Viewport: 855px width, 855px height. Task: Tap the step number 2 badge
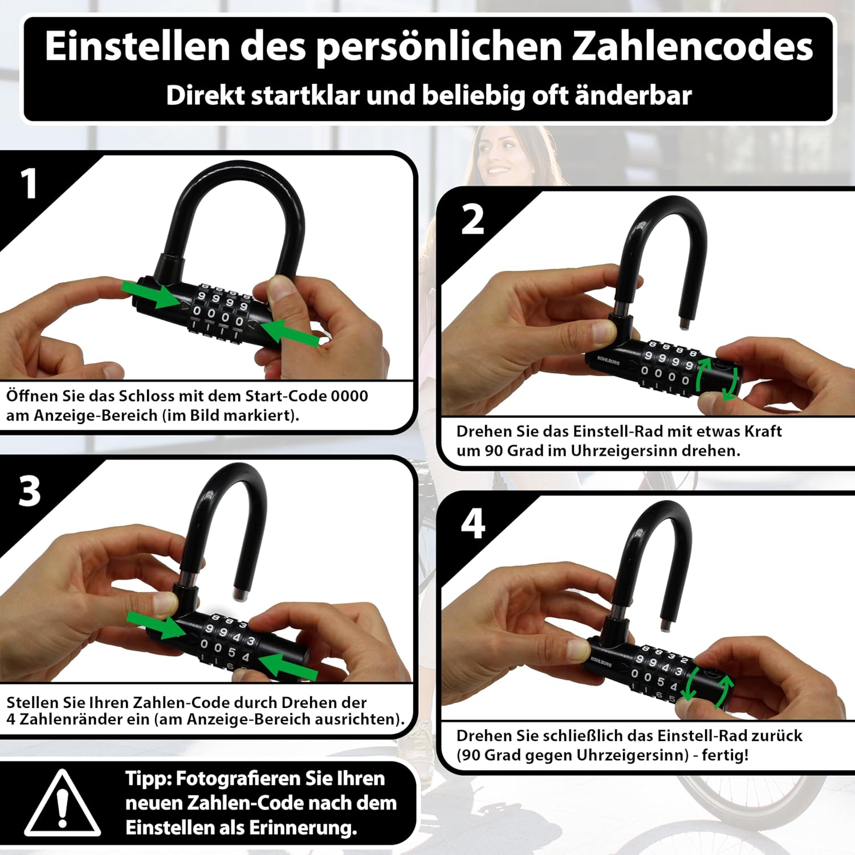pos(473,219)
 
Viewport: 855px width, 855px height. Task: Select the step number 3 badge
pos(30,491)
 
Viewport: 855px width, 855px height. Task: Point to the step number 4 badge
pos(473,523)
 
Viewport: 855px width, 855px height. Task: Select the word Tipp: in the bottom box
pos(149,779)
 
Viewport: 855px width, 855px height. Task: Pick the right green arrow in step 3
pos(288,666)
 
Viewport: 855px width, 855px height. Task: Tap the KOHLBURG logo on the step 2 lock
pos(608,360)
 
